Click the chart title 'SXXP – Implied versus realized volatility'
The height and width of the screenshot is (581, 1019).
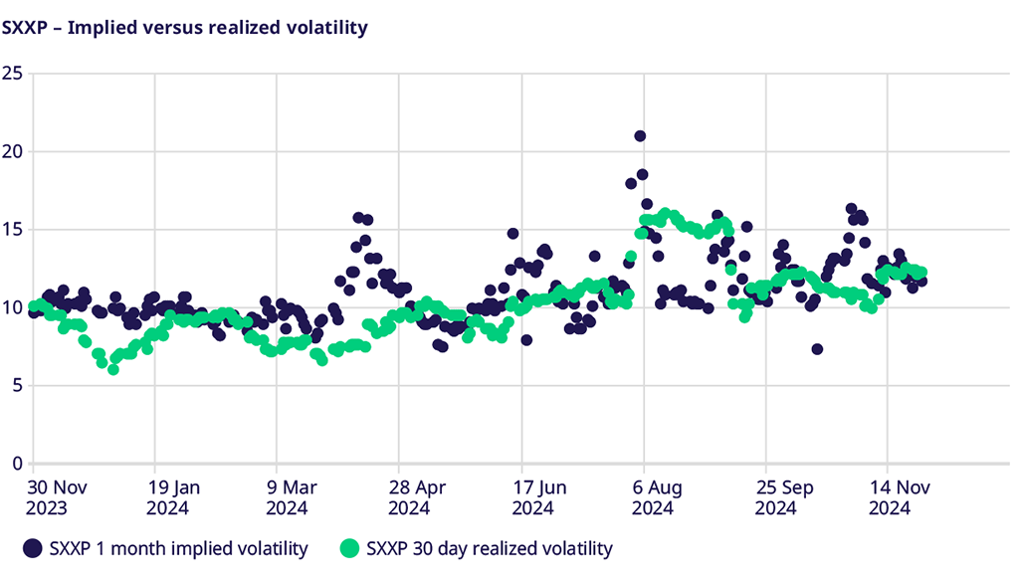click(x=185, y=28)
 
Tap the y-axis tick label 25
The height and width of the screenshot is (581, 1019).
click(x=12, y=74)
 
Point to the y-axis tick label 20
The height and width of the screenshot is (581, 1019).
click(x=12, y=151)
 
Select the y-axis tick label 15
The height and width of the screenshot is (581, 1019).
click(x=12, y=229)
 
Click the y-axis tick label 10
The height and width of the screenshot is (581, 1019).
click(x=12, y=307)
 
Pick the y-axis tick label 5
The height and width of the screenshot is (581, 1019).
click(x=16, y=385)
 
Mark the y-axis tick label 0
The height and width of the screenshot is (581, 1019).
click(x=16, y=463)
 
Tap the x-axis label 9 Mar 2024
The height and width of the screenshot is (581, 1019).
click(x=293, y=497)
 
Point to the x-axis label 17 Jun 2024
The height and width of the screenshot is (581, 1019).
click(x=536, y=497)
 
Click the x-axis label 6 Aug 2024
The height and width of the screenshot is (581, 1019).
click(x=658, y=497)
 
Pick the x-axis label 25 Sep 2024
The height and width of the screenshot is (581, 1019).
click(x=780, y=497)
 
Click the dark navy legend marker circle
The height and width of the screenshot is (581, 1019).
click(x=33, y=548)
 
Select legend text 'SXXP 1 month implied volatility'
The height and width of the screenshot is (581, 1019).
click(x=178, y=548)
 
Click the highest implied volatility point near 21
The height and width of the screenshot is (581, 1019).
click(x=640, y=136)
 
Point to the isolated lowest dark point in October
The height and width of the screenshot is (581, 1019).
click(x=817, y=349)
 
